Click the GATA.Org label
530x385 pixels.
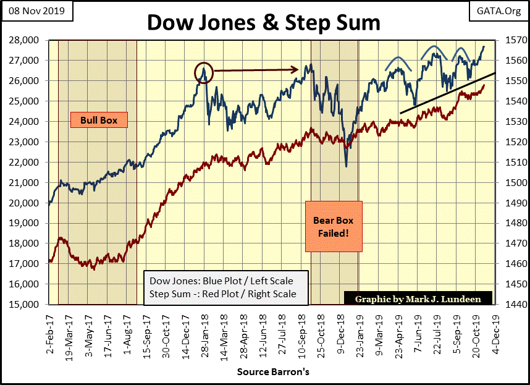(500, 11)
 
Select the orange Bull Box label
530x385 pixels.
(99, 119)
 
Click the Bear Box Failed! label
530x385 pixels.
(333, 226)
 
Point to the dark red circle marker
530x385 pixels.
(204, 72)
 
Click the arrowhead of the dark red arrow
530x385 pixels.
(298, 70)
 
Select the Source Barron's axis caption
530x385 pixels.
(273, 373)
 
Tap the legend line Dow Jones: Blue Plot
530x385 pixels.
(221, 281)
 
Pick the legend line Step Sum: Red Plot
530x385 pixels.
(222, 294)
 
